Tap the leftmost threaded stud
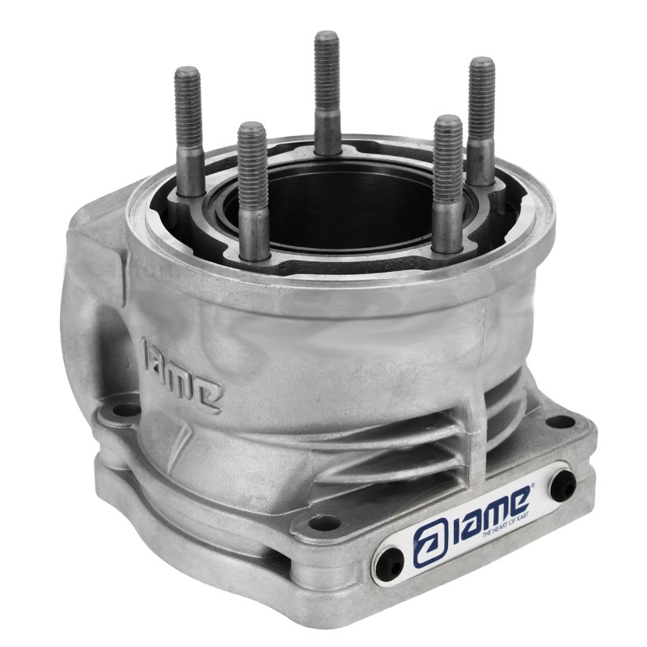tap(188, 129)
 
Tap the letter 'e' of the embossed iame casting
tap(208, 394)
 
